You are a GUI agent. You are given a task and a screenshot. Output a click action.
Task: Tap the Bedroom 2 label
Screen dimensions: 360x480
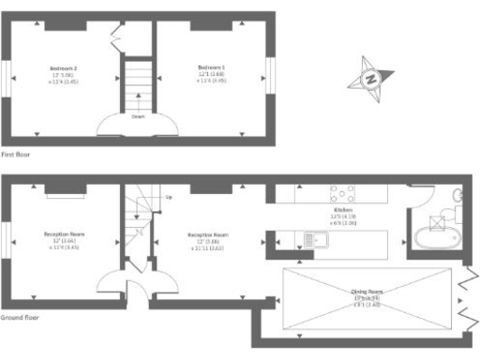pyautogui.click(x=63, y=68)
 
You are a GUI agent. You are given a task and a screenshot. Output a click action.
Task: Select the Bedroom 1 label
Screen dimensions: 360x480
pyautogui.click(x=211, y=68)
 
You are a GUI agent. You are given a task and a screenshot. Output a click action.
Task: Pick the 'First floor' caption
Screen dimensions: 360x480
pyautogui.click(x=15, y=153)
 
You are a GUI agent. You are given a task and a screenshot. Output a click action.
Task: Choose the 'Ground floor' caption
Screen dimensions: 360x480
pyautogui.click(x=19, y=318)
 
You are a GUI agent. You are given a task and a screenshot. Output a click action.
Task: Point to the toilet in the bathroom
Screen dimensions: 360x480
pyautogui.click(x=457, y=196)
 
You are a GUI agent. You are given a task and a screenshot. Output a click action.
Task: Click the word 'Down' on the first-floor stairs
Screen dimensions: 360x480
pyautogui.click(x=138, y=117)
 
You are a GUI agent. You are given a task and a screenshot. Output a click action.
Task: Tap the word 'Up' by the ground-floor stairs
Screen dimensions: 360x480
pyautogui.click(x=169, y=197)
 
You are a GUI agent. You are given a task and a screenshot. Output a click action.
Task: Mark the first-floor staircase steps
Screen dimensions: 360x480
pyautogui.click(x=138, y=84)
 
